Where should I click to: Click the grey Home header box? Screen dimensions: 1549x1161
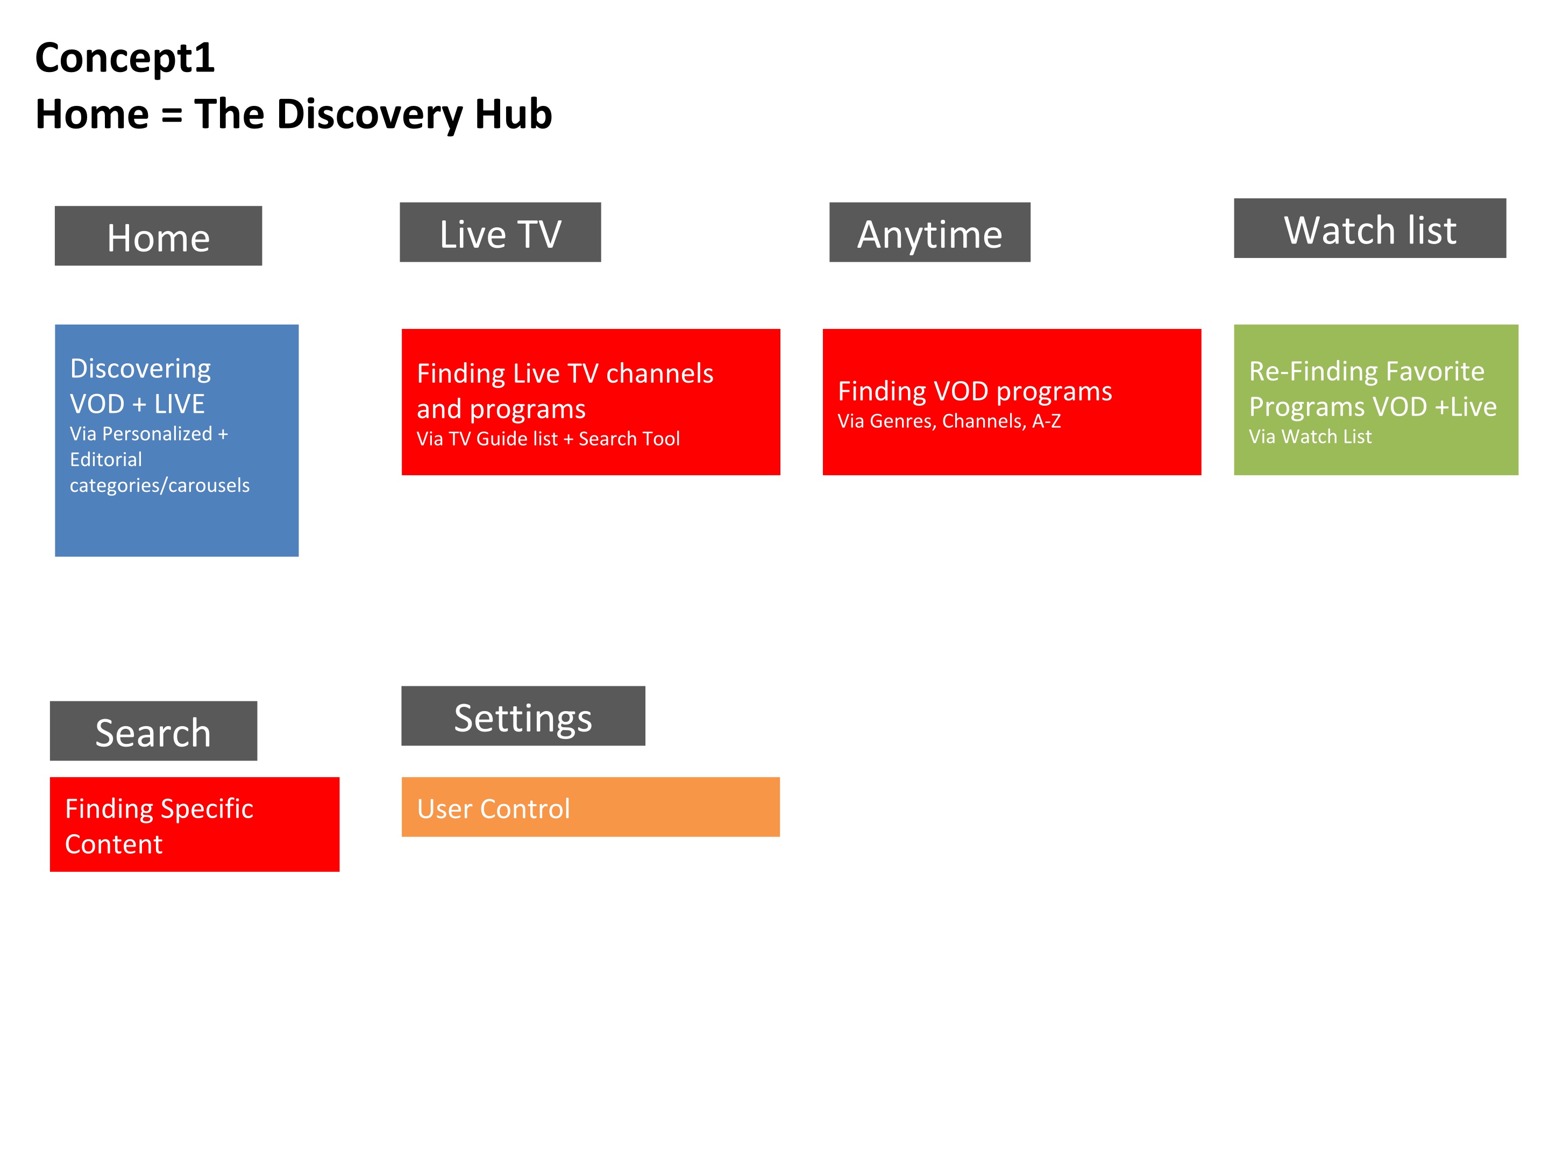point(158,236)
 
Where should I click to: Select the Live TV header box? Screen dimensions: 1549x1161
point(500,232)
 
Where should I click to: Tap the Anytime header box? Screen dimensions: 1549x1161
point(930,232)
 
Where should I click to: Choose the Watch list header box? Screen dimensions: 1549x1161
point(1370,228)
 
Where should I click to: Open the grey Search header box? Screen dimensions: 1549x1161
point(153,730)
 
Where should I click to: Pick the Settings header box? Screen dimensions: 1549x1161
point(523,716)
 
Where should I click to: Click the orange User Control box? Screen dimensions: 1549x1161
point(591,807)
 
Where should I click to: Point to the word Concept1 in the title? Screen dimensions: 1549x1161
point(125,58)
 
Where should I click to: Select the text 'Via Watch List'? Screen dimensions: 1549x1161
point(1310,436)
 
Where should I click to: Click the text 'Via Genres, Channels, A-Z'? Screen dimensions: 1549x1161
point(949,421)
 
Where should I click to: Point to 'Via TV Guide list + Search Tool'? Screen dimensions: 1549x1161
point(548,439)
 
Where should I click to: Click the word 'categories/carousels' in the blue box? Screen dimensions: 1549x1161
point(160,486)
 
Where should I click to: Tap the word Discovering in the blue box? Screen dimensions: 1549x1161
point(140,369)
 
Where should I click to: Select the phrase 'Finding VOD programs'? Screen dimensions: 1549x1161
point(975,392)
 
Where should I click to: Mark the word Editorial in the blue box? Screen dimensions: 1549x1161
point(106,460)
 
